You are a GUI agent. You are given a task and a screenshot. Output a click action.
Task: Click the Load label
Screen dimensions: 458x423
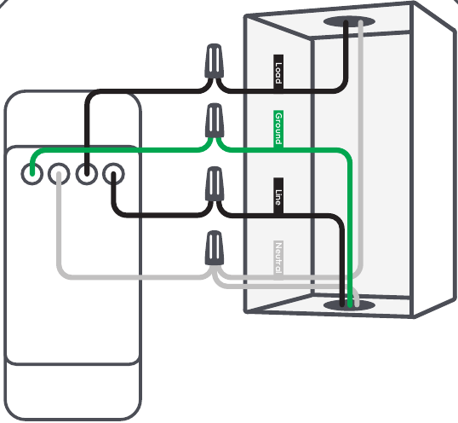(278, 72)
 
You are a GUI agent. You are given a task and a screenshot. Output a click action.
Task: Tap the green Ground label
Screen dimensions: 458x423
(278, 129)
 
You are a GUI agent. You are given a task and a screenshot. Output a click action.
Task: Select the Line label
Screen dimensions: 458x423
(278, 196)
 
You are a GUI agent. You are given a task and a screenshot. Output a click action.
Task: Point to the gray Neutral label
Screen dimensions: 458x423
(278, 258)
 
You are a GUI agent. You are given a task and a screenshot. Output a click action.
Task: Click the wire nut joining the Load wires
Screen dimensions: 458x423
(215, 61)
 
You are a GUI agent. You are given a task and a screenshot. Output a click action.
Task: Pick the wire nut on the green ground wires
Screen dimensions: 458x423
(215, 120)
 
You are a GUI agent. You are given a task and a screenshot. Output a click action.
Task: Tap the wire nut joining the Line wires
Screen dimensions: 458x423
(215, 184)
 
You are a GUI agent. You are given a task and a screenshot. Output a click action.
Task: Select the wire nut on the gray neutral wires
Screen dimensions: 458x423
(215, 248)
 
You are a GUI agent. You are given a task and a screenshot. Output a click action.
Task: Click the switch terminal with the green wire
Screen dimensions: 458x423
(32, 174)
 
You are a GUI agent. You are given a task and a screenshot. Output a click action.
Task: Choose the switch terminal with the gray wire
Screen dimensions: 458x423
(59, 174)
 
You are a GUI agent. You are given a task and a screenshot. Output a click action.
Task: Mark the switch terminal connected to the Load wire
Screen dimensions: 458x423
(87, 174)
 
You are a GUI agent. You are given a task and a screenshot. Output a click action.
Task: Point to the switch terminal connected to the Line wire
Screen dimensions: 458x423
(113, 174)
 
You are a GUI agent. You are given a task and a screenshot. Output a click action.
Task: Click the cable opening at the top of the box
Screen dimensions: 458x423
(349, 21)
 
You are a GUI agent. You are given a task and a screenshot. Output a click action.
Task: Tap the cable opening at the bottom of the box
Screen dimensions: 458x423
(349, 305)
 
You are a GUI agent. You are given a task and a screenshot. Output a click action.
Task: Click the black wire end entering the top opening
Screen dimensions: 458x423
(346, 22)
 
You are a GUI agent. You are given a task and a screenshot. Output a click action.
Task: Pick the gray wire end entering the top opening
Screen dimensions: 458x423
(361, 22)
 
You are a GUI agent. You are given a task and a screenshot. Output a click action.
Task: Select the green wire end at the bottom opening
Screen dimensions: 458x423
(350, 305)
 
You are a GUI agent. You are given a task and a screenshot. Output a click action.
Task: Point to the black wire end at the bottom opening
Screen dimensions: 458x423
(342, 304)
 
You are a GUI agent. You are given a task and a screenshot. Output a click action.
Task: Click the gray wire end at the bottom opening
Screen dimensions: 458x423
(357, 304)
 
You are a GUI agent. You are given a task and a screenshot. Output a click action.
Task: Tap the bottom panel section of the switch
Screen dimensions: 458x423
(73, 391)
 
